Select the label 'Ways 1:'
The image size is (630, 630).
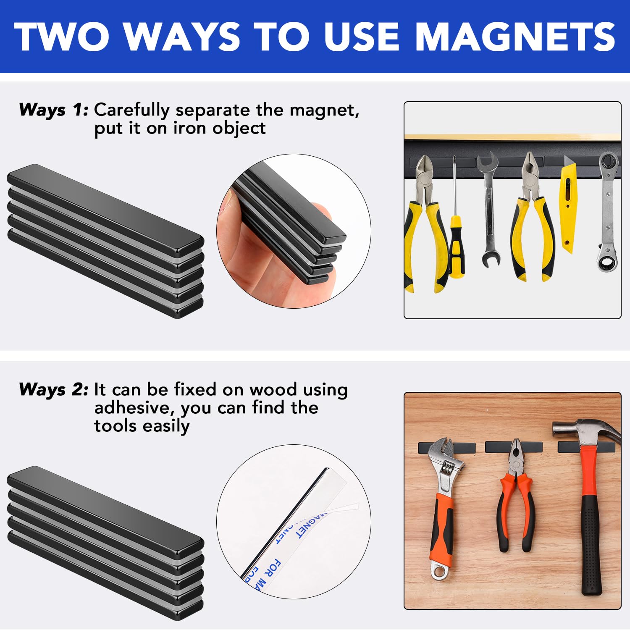pyautogui.click(x=54, y=110)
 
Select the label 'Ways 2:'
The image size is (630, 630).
pyautogui.click(x=54, y=390)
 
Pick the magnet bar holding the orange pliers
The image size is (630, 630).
pyautogui.click(x=513, y=446)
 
